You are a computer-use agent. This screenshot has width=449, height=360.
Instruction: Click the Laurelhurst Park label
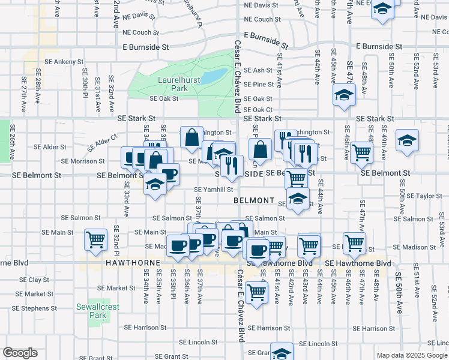[172, 83]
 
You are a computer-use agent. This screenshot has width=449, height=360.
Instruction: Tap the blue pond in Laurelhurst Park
[214, 77]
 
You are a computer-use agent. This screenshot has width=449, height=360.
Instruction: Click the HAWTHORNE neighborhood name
[133, 263]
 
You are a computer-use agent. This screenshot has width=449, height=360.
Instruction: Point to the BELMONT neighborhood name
[254, 200]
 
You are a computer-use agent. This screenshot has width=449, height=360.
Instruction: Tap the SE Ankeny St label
[63, 62]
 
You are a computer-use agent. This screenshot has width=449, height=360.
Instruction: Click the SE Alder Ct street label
[101, 144]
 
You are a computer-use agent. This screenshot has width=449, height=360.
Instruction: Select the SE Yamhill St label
[212, 190]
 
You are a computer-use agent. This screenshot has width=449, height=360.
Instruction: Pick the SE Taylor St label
[424, 196]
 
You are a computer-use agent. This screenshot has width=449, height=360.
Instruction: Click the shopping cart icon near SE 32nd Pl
[95, 239]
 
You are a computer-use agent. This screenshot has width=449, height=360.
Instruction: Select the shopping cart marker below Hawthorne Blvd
[257, 292]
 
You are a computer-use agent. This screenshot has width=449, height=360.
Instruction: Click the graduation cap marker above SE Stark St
[345, 94]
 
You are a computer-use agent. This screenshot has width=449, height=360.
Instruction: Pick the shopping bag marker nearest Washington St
[191, 137]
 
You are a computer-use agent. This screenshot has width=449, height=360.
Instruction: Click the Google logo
[20, 353]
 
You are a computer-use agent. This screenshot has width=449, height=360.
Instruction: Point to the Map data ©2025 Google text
[411, 355]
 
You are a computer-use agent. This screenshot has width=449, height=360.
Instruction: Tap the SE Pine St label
[263, 85]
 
